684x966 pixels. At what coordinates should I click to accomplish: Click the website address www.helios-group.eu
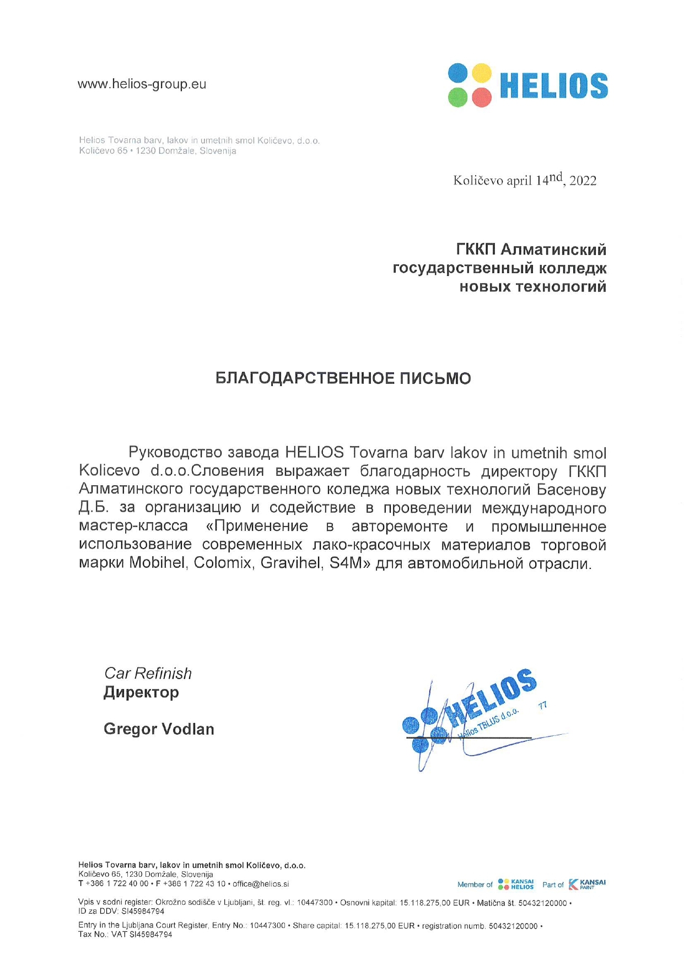click(142, 84)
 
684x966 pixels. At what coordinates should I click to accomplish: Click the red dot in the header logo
click(482, 97)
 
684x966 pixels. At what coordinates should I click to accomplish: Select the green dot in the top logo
click(457, 97)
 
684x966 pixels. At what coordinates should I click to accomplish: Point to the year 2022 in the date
click(583, 181)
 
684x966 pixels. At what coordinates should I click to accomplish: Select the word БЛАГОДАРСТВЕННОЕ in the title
click(305, 378)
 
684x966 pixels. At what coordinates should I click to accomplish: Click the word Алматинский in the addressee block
click(553, 249)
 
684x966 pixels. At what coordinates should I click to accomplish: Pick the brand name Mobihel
click(157, 563)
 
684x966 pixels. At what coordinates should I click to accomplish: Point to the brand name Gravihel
click(290, 563)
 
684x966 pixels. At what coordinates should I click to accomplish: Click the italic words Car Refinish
click(148, 674)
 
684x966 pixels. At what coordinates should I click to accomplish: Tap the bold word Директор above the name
click(141, 692)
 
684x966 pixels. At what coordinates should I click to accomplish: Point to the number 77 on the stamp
click(542, 705)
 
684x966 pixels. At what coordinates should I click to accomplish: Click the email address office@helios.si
click(261, 884)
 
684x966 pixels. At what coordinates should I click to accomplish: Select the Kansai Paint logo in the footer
click(587, 884)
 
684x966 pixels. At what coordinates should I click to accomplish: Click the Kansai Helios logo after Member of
click(515, 884)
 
